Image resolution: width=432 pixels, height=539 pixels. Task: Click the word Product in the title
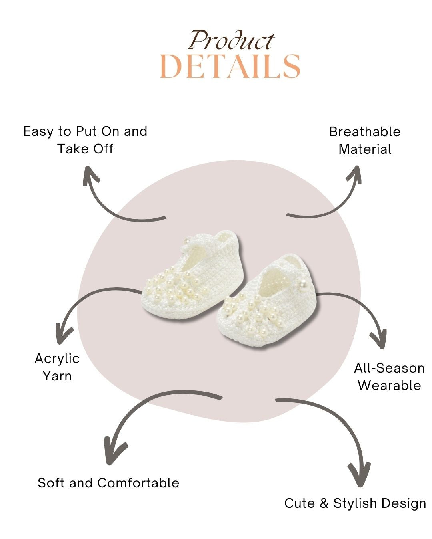point(231,41)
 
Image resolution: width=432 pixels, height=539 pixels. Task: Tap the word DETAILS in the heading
point(230,67)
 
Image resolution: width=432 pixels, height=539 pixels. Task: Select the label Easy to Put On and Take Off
point(85,140)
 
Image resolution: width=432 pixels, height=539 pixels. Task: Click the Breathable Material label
point(364,140)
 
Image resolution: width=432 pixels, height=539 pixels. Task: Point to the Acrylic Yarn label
point(57,367)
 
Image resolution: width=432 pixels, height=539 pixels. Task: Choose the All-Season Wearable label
point(389,377)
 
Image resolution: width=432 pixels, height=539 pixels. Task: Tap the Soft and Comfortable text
point(108,483)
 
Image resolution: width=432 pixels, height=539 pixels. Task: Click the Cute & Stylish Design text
point(355,503)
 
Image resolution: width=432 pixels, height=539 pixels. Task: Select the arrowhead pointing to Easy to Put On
point(91,175)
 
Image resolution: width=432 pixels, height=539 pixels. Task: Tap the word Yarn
point(57,376)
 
